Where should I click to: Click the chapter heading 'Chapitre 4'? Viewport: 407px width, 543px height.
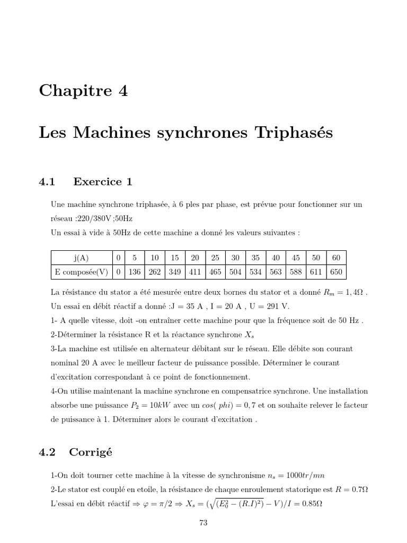(83, 91)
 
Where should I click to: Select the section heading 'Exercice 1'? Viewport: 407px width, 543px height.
(103, 182)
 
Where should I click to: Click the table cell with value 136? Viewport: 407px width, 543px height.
(135, 272)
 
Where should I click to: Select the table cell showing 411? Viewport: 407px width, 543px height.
(195, 272)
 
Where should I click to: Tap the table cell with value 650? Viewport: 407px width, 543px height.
(336, 272)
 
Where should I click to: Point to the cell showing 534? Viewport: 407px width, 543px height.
(255, 272)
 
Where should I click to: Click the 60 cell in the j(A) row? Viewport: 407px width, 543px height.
(336, 258)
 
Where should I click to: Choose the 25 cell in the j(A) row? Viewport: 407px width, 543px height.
(215, 258)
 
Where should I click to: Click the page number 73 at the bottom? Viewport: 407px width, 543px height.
(203, 522)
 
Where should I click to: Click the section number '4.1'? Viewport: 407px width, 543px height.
(47, 182)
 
